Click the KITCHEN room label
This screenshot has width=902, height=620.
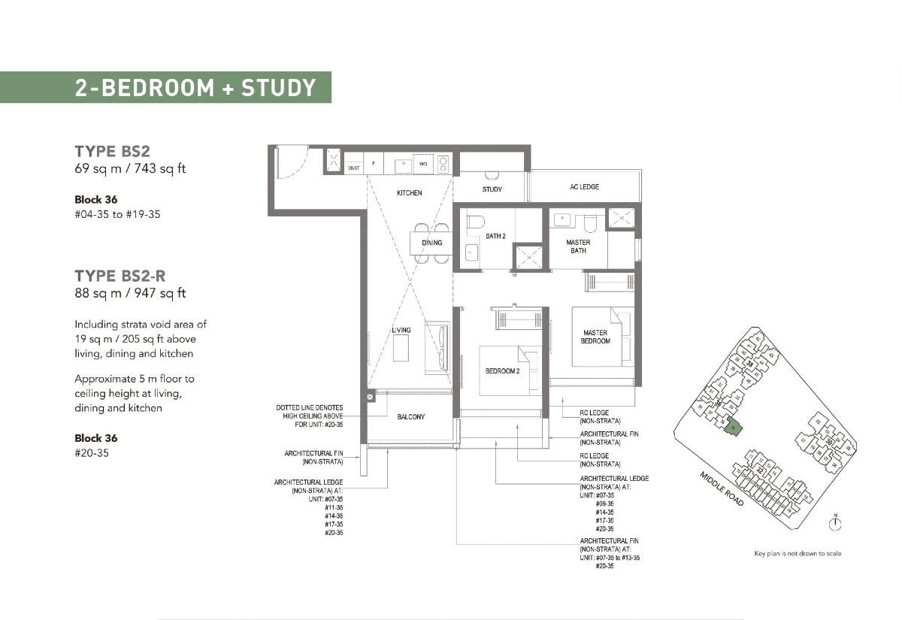pos(410,193)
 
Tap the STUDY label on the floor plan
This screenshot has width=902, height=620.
pos(492,189)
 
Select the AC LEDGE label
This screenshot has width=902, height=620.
pos(584,186)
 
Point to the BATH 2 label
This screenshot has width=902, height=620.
pos(495,236)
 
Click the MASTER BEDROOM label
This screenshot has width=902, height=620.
pos(595,337)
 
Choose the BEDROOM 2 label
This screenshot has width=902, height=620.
pos(501,371)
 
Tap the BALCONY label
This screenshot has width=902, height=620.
pos(410,417)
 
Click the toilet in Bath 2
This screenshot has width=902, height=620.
pos(474,222)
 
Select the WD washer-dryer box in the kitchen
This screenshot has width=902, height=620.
pos(422,163)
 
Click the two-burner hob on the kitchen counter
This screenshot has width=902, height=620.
pos(443,163)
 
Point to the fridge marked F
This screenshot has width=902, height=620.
pos(374,163)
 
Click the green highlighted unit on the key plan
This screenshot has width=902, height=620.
pos(734,428)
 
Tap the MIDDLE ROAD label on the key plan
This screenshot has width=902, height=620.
pos(722,488)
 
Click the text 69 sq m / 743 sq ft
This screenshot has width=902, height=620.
pos(130,168)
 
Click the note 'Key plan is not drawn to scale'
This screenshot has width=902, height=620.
pos(798,554)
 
